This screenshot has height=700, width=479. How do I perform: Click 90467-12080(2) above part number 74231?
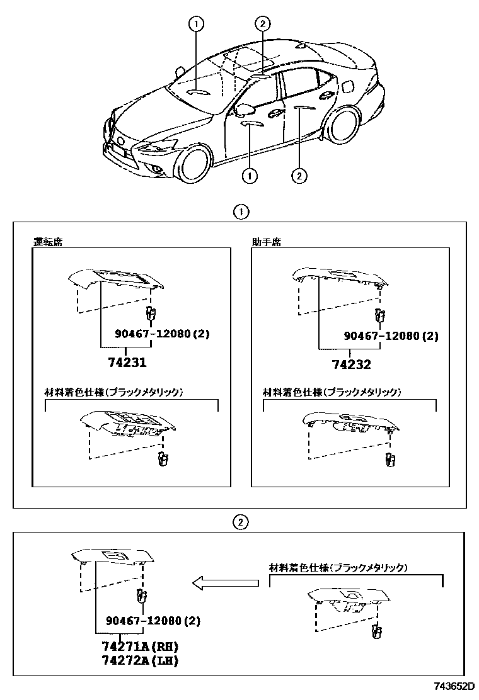coord(162,334)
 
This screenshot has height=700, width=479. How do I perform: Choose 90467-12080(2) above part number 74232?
coord(391,336)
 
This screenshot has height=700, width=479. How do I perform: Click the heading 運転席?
coord(47,242)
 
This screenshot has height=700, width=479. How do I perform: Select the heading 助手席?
coord(266,242)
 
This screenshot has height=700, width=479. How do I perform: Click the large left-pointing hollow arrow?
coord(225,584)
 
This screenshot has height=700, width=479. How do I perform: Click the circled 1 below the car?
coord(250,176)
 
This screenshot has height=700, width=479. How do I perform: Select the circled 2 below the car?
coord(299,175)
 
